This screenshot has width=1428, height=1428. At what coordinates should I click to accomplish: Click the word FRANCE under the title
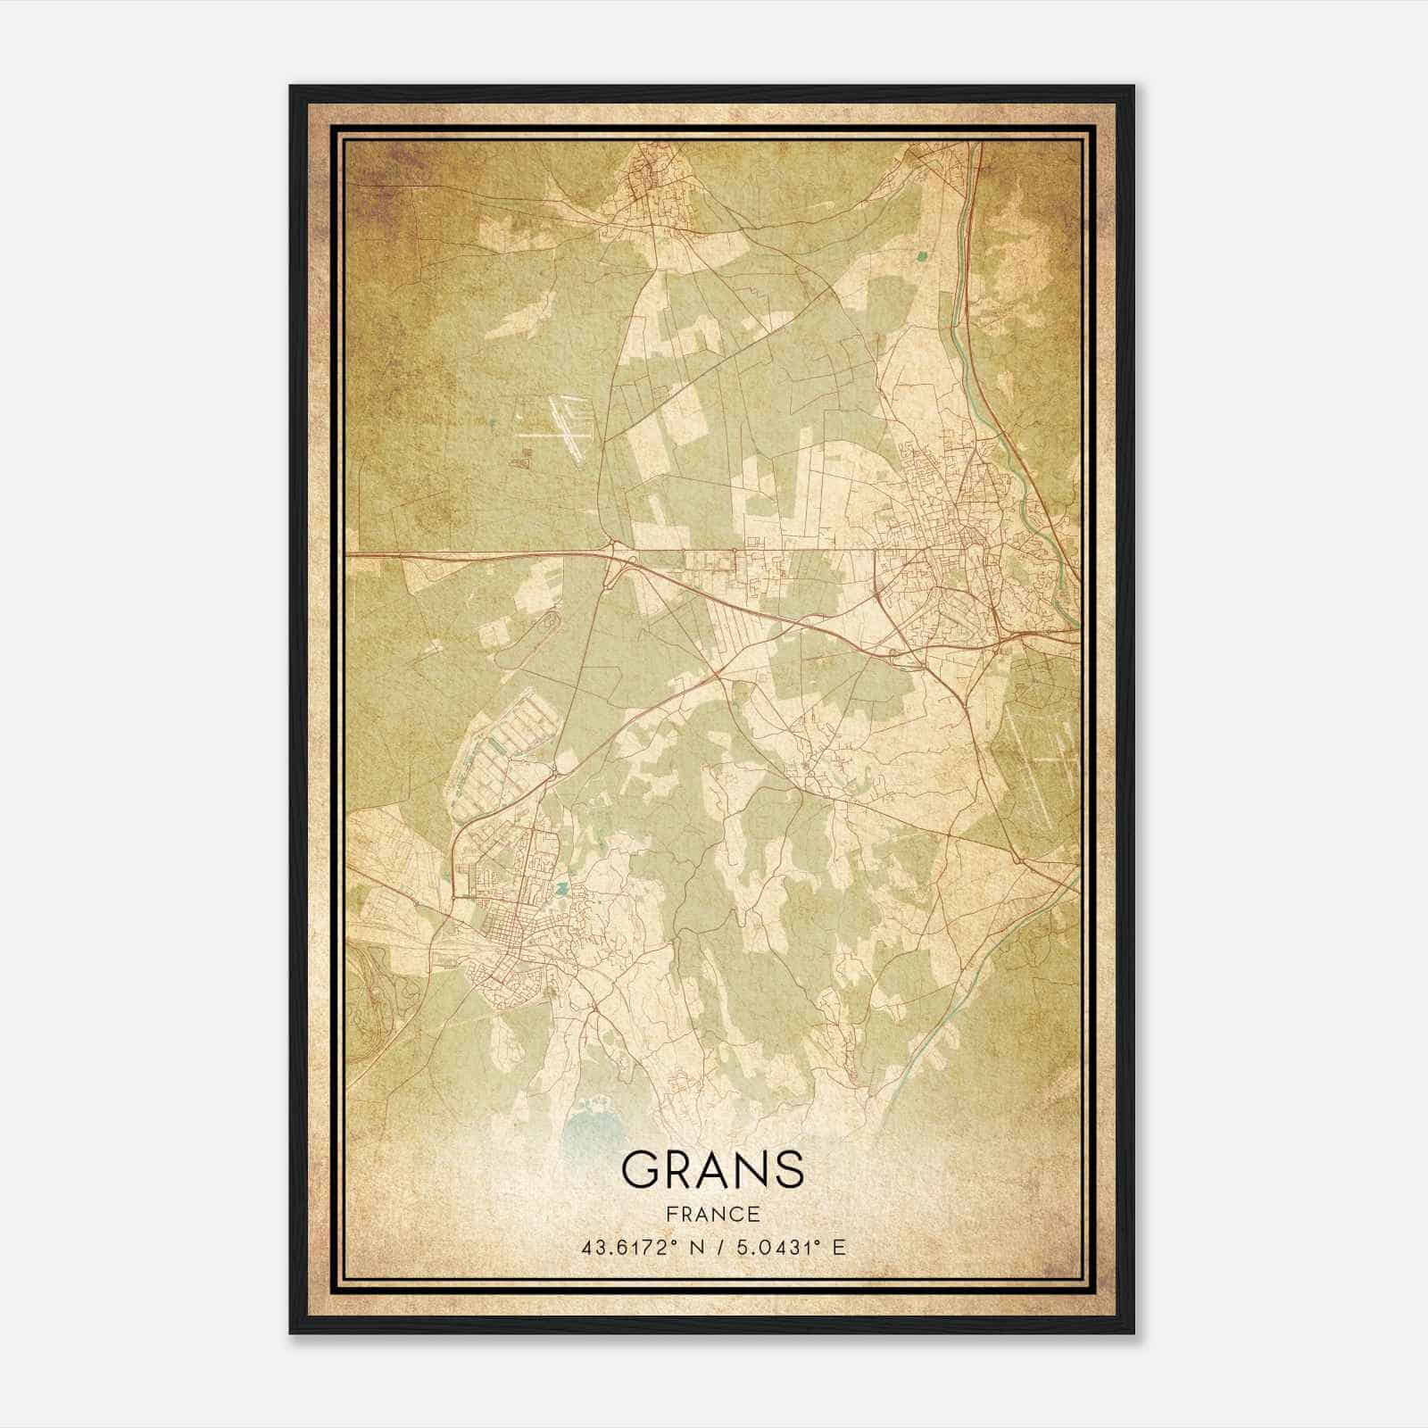(711, 1214)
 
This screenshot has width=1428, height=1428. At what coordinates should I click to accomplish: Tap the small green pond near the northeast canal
(921, 257)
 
